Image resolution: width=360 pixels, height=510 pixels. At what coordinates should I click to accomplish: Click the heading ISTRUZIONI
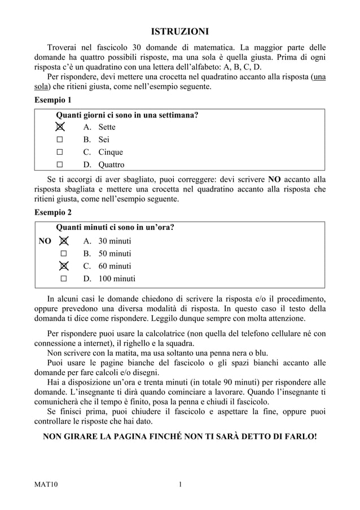tap(180, 30)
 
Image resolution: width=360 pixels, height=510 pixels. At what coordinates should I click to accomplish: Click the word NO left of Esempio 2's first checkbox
tap(45, 241)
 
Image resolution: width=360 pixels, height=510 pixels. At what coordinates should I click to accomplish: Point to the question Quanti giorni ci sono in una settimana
tap(126, 116)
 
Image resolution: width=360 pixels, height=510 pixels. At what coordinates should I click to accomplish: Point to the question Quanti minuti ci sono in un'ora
tap(114, 228)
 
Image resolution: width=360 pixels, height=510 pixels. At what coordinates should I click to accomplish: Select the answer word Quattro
tap(111, 165)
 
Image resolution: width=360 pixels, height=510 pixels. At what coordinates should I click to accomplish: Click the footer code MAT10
tap(46, 484)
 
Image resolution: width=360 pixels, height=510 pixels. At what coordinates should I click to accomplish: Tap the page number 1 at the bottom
tap(180, 484)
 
